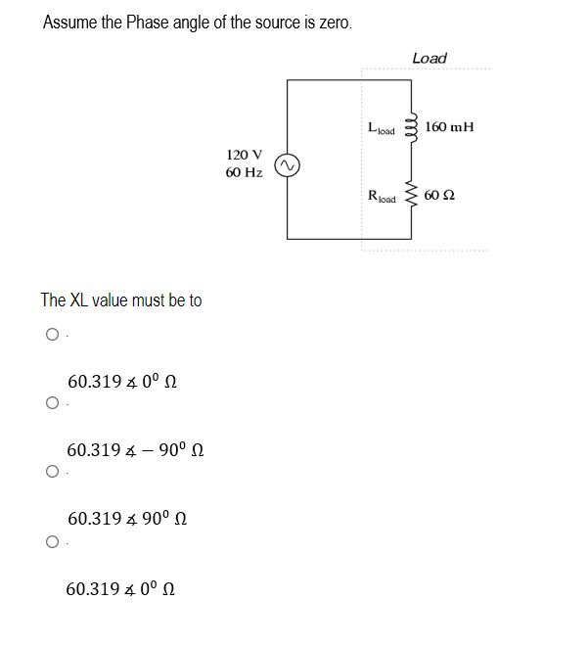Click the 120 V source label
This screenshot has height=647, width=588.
tap(244, 155)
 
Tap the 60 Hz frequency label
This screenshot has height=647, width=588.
tap(244, 172)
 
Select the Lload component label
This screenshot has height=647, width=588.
tap(381, 127)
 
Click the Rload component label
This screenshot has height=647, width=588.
tap(382, 197)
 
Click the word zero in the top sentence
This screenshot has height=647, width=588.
tap(330, 23)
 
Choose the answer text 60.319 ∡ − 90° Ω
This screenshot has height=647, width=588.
tap(135, 450)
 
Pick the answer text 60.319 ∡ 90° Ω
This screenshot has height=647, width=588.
tap(125, 519)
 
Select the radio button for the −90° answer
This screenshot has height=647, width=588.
tap(50, 402)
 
